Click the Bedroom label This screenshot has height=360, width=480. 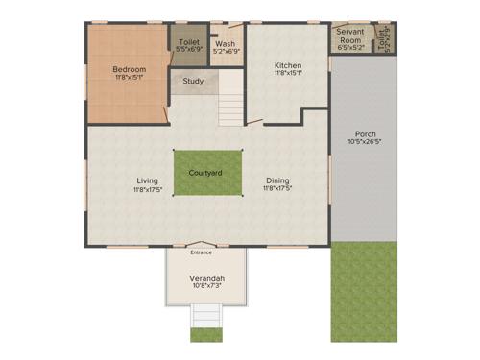click(129, 69)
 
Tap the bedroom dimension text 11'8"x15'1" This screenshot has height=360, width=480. click(129, 78)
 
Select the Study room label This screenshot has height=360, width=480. click(193, 81)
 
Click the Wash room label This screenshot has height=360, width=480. click(226, 44)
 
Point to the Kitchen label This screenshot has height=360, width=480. click(288, 65)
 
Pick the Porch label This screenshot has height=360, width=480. click(365, 133)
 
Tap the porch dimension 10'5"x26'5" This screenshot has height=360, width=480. click(365, 142)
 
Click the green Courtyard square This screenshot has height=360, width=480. click(206, 173)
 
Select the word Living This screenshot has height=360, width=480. click(147, 180)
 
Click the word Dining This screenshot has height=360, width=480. click(277, 180)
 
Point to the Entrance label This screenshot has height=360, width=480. click(201, 252)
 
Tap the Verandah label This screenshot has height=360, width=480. click(206, 277)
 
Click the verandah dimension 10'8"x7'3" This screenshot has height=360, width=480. click(206, 286)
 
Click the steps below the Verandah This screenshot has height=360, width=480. click(206, 316)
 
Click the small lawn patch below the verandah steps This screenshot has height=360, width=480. click(206, 334)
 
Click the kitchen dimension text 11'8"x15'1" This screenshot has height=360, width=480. click(288, 73)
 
